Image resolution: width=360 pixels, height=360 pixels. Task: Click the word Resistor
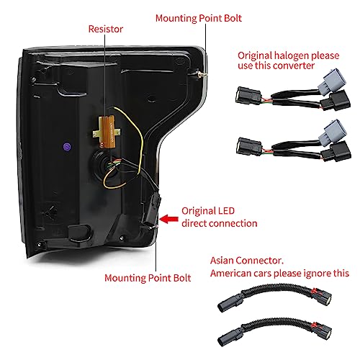tap(106, 29)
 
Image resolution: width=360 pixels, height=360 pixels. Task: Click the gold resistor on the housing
tap(107, 132)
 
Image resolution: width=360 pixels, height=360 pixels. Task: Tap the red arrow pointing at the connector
tap(168, 219)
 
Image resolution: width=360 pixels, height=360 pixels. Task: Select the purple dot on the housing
tap(67, 147)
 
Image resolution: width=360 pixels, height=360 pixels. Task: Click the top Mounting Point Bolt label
tap(199, 18)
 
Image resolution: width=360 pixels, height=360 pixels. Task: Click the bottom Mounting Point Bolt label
tap(148, 278)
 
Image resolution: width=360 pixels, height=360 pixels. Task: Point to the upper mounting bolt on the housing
tap(202, 75)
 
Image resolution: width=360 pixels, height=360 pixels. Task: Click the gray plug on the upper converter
tap(332, 79)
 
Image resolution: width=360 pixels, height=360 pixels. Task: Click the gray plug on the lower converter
tap(333, 130)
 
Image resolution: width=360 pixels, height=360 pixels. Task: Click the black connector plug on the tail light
tap(152, 210)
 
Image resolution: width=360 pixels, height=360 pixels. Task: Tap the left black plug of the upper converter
tap(248, 95)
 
